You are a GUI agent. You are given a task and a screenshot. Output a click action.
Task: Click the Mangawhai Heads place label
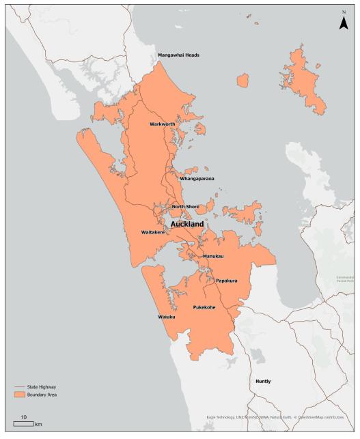click(178, 55)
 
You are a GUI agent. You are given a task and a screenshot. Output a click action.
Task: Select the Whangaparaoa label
click(197, 178)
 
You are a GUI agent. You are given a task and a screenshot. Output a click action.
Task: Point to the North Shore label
click(185, 207)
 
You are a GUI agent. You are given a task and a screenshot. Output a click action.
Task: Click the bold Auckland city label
click(188, 223)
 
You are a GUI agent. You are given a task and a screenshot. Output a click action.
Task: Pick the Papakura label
click(226, 281)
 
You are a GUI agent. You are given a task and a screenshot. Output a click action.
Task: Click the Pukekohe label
click(204, 307)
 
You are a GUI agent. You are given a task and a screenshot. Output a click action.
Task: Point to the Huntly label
click(263, 381)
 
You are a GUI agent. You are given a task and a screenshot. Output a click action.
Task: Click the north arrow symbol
click(344, 24)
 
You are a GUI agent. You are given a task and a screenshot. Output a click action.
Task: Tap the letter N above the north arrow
click(344, 12)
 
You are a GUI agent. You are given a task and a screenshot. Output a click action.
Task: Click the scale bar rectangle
click(23, 424)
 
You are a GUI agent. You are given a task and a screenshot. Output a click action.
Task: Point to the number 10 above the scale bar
click(23, 416)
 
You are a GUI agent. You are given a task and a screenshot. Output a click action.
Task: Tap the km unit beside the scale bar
click(38, 425)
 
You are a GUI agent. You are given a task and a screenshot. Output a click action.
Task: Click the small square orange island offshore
click(243, 81)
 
